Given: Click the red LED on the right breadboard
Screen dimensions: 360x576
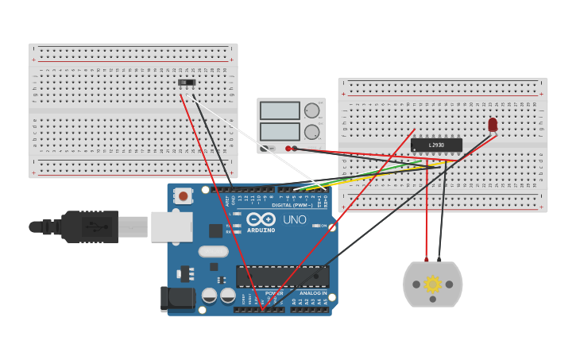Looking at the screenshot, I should [x=493, y=124].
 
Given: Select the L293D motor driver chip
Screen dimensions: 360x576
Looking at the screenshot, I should [x=436, y=145].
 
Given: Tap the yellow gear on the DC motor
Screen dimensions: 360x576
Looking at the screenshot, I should [x=432, y=284].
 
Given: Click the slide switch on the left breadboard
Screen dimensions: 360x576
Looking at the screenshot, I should [x=187, y=82].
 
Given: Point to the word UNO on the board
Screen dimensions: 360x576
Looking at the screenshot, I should [x=295, y=220].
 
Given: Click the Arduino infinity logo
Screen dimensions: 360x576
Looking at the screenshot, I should [x=261, y=219].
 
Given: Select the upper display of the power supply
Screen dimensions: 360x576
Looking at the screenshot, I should [x=280, y=110].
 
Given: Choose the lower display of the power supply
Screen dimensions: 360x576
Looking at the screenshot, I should [x=280, y=131].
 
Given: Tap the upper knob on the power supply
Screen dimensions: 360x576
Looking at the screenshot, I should [x=311, y=111].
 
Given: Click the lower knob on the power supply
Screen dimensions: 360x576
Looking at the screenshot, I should [x=311, y=132].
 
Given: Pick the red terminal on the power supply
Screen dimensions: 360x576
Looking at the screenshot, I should [x=288, y=148].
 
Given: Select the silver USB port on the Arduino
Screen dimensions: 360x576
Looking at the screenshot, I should [x=172, y=226].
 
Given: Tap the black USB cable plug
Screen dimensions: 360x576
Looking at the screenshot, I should [x=90, y=226].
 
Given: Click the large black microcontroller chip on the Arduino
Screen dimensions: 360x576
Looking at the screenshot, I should [x=282, y=277].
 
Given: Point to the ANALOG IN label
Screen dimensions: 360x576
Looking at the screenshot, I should [x=313, y=293].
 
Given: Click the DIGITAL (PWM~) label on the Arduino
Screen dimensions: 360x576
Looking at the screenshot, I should [x=292, y=205].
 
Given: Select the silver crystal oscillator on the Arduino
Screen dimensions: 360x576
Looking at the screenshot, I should [x=213, y=251].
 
